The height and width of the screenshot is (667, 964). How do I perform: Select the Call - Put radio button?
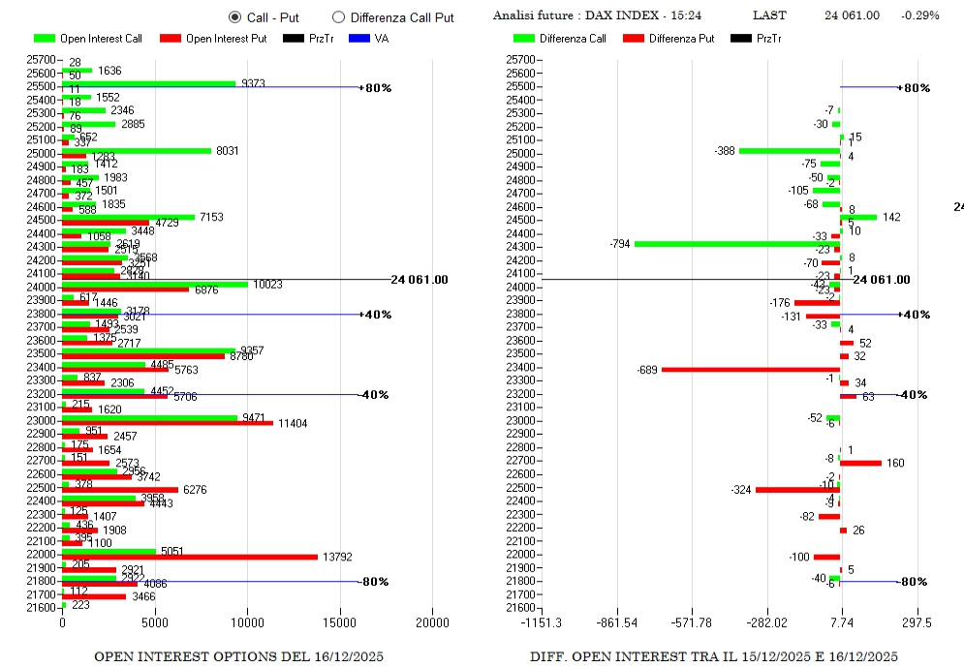(x=235, y=16)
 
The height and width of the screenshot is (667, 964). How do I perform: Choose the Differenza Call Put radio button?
(x=338, y=16)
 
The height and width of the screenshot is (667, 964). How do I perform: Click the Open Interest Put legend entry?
(x=212, y=39)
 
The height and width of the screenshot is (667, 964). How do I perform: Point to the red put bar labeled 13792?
(x=190, y=557)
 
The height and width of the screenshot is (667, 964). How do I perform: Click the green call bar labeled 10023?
(x=155, y=284)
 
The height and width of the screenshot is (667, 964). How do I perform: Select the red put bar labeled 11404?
(x=168, y=422)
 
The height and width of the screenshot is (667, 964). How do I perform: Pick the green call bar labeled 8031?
(x=137, y=150)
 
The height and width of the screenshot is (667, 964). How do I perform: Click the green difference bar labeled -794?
(x=736, y=244)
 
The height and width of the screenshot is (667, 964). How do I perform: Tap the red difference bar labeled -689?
(x=750, y=369)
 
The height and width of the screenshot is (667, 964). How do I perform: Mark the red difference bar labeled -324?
(x=796, y=490)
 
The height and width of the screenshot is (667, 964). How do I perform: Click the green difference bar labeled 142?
(x=858, y=217)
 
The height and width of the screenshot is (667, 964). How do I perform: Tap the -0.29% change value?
(x=917, y=15)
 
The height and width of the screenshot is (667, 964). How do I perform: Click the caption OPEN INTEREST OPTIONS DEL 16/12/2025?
(x=238, y=656)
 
